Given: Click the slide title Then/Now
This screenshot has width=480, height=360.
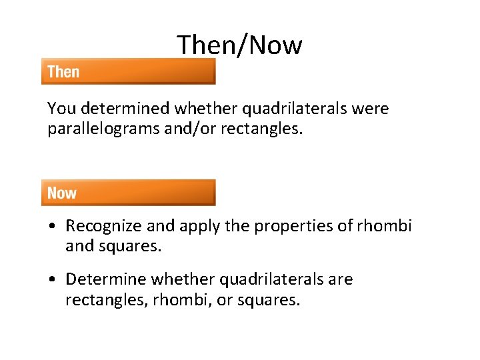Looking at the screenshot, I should coord(239,45).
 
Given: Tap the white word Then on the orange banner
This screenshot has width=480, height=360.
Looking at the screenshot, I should coord(63,72).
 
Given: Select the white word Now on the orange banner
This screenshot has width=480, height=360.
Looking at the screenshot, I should coord(62,193).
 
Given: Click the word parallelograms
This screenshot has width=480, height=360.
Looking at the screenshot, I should coord(104,128).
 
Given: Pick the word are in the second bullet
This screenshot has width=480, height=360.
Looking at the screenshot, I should coord(340,280).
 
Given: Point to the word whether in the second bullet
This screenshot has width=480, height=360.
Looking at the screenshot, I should coord(184,279).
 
